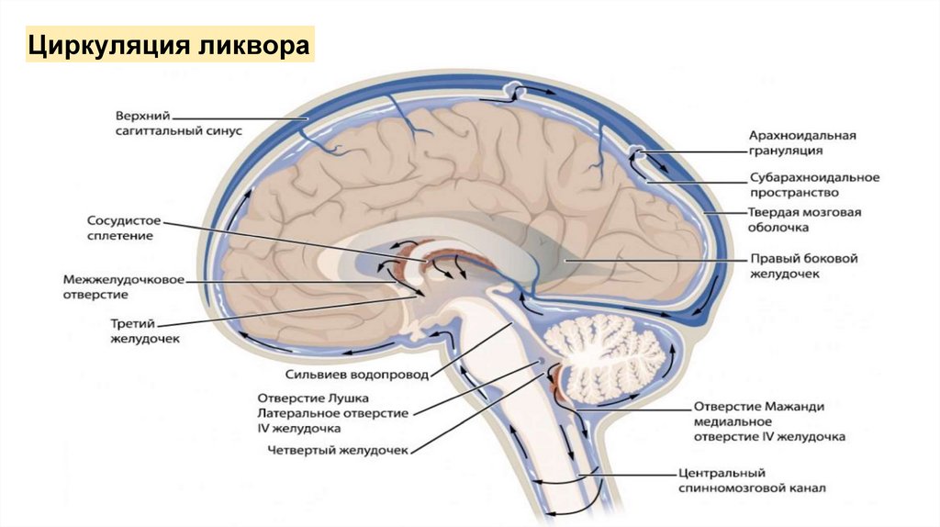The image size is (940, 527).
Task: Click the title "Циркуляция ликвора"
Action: (169, 45)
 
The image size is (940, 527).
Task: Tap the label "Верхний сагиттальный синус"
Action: (178, 124)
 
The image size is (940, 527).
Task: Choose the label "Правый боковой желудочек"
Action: (803, 266)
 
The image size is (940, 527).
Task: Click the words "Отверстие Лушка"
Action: (313, 398)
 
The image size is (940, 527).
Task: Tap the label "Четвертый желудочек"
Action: (337, 451)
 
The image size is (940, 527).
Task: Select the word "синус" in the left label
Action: (221, 131)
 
